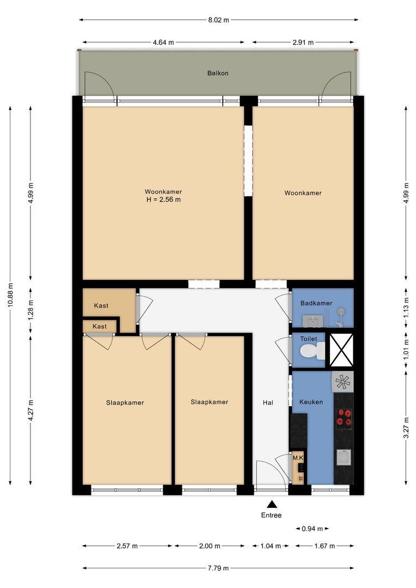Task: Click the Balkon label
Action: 217,73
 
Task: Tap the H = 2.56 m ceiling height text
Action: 163,200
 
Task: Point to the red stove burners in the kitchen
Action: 344,417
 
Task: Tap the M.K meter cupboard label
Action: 298,458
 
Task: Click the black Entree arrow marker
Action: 271,504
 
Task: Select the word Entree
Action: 271,515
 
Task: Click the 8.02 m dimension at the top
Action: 218,20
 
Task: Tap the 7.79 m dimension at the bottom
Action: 218,568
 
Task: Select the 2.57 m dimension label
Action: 127,546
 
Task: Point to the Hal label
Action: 268,402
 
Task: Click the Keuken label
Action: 311,402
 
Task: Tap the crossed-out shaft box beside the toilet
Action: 341,350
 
